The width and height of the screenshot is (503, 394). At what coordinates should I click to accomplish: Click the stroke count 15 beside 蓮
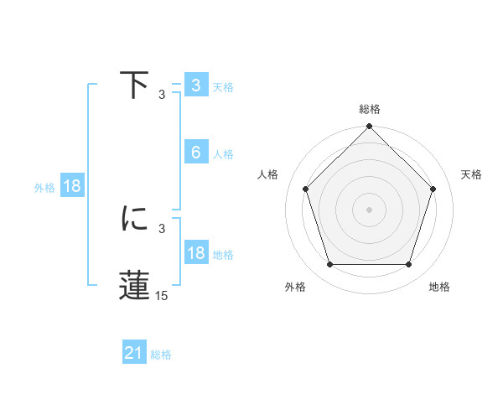[163, 296]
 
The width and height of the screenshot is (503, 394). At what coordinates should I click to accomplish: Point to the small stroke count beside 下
[163, 94]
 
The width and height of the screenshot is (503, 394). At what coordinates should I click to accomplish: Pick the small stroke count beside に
[163, 227]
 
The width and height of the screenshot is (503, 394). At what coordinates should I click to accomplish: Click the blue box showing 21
[134, 354]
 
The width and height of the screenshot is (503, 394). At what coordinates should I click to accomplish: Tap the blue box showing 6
[195, 153]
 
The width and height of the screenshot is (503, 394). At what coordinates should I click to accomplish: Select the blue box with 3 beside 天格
[195, 86]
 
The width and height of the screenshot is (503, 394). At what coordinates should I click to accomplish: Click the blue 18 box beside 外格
[72, 186]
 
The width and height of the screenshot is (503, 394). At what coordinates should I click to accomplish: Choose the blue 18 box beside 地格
[195, 253]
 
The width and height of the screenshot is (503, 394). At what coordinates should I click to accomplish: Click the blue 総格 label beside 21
[162, 355]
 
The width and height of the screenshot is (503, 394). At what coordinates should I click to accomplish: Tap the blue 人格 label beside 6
[223, 154]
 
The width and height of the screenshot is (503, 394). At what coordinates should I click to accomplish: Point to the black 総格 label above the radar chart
[370, 109]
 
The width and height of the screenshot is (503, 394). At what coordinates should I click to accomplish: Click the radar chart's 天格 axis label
[472, 174]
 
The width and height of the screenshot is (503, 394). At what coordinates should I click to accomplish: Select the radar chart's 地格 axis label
[439, 287]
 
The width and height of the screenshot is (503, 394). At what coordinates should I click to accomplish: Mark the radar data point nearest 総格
[370, 127]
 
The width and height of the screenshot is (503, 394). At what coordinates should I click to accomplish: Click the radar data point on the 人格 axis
[305, 189]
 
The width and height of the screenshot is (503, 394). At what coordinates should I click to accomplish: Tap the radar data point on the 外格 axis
[329, 265]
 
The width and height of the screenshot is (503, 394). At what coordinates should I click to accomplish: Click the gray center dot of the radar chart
[370, 209]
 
